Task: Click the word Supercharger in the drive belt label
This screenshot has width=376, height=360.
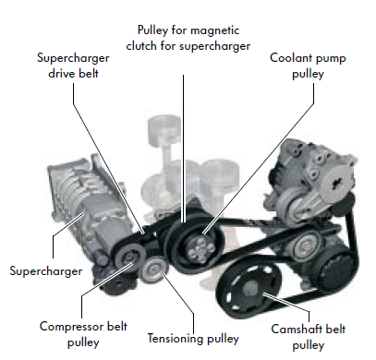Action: point(73,58)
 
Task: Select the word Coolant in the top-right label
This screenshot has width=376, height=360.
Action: point(289,58)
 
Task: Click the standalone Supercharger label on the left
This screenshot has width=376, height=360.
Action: point(46,271)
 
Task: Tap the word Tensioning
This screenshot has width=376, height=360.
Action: point(175,339)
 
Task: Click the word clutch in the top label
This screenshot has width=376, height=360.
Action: point(141,46)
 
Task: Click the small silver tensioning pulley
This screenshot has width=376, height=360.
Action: point(153,270)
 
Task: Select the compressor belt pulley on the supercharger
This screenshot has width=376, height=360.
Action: point(128,259)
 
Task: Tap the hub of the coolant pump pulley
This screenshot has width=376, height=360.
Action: point(201,248)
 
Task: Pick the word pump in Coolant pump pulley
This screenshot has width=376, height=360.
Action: point(329,58)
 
